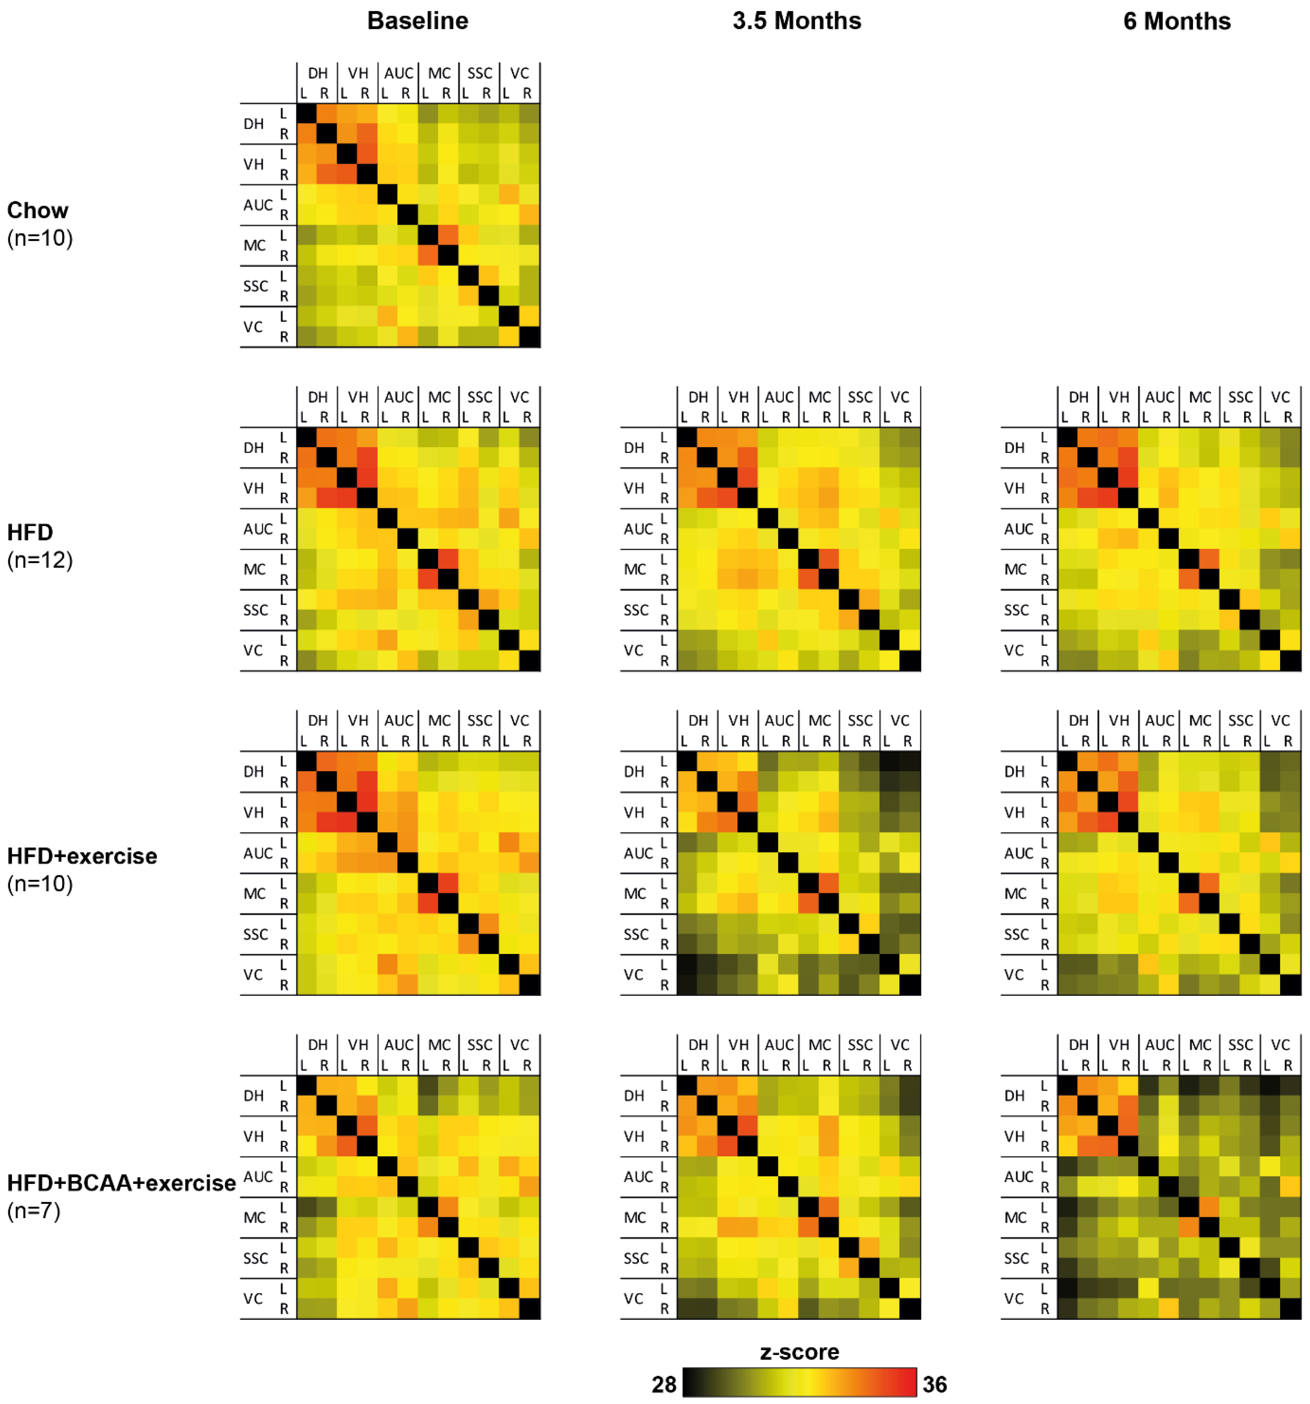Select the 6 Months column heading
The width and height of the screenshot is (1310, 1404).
[1177, 21]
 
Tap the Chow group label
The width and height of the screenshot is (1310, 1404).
[38, 210]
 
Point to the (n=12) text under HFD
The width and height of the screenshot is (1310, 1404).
[40, 560]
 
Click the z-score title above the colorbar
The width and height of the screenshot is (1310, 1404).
[799, 1352]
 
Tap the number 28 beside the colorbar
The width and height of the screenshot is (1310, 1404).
[664, 1384]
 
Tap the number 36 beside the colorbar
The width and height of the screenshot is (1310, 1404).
[934, 1384]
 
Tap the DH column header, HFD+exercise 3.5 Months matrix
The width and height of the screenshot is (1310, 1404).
[698, 720]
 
